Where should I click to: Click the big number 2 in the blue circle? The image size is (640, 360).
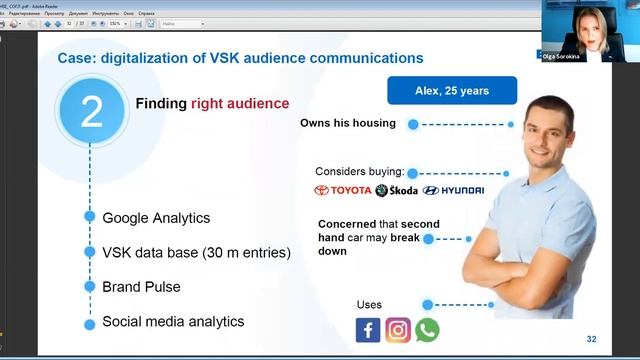tap(91, 112)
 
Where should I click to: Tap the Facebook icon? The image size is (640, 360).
tap(368, 330)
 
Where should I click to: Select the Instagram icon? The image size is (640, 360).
tap(398, 330)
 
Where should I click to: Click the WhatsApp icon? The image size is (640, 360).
tap(427, 330)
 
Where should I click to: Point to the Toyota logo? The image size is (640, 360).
tap(343, 190)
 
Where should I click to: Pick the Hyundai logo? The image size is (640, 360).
tap(453, 190)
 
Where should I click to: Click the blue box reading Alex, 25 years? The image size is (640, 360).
tap(452, 91)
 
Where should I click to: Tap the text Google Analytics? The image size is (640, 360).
tap(156, 217)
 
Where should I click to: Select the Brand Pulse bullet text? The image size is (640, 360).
tap(141, 287)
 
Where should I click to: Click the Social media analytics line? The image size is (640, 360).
tap(173, 322)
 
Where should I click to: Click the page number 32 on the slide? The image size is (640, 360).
tap(591, 339)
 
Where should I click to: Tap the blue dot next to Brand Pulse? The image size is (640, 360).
tap(90, 287)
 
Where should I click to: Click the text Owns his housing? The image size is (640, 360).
tap(348, 124)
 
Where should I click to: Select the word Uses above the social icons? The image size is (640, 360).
tap(369, 304)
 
